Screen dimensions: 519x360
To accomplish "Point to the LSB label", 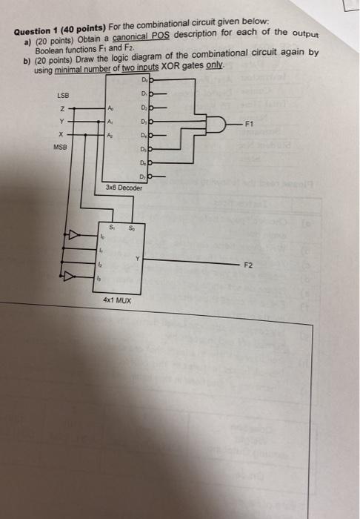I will tap(64, 94).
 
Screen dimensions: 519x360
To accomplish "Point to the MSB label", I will tap(60, 147).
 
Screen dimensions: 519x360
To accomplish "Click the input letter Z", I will tap(64, 110).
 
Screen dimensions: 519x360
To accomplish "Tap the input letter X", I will tap(64, 135).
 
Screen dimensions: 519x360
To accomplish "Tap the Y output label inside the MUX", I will tap(137, 258).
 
